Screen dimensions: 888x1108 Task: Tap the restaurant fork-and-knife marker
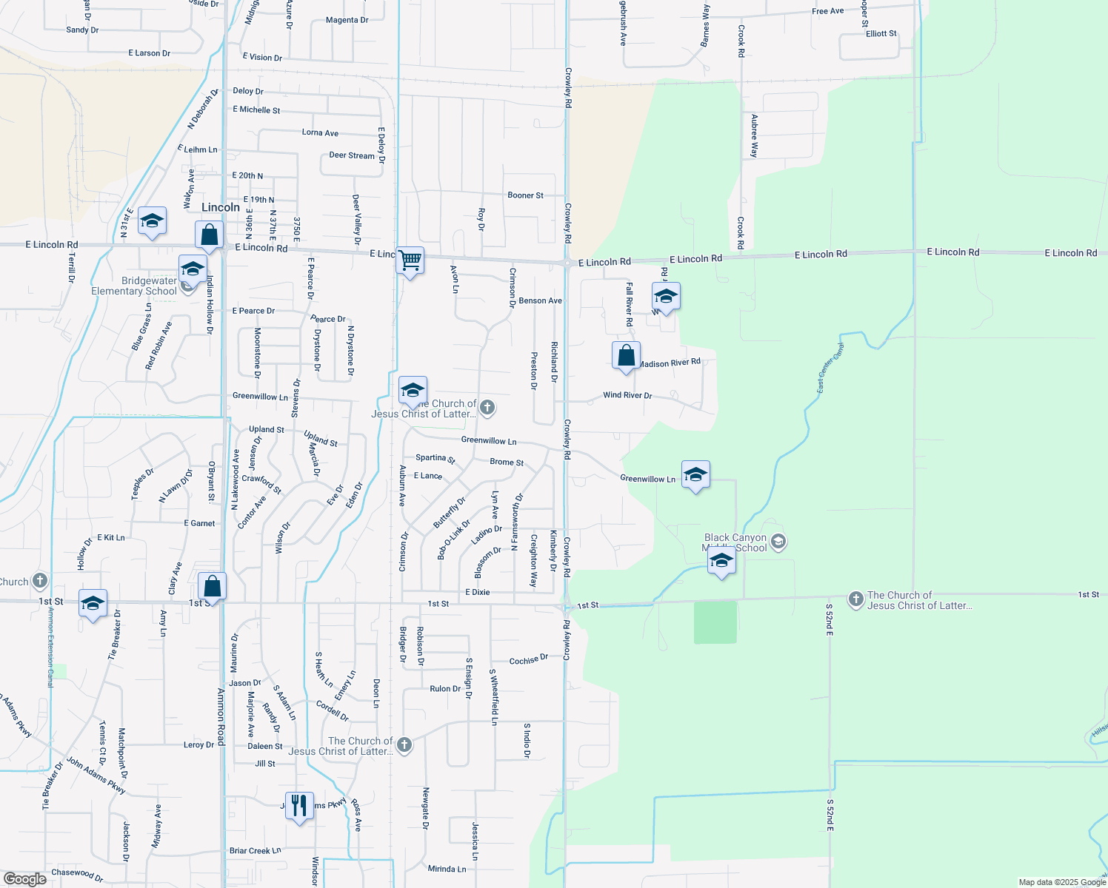pyautogui.click(x=298, y=806)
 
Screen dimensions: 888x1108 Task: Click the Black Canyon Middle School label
pyautogui.click(x=735, y=543)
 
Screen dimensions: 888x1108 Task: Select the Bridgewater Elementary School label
pyautogui.click(x=134, y=286)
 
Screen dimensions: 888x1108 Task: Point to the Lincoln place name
pyautogui.click(x=221, y=207)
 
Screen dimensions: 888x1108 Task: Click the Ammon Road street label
pyautogui.click(x=221, y=715)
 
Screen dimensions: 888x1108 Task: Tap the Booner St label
pyautogui.click(x=525, y=195)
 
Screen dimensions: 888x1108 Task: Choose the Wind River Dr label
pyautogui.click(x=627, y=395)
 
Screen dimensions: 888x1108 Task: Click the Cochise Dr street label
pyautogui.click(x=529, y=659)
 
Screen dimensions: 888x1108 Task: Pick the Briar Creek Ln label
pyautogui.click(x=256, y=850)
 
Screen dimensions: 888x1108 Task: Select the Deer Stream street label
pyautogui.click(x=352, y=155)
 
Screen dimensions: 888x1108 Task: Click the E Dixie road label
pyautogui.click(x=478, y=592)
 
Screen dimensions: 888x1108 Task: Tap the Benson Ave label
pyautogui.click(x=540, y=300)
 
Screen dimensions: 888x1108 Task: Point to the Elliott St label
pyautogui.click(x=881, y=33)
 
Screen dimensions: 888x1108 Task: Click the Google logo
pyautogui.click(x=24, y=879)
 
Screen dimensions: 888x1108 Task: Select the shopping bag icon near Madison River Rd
pyautogui.click(x=626, y=356)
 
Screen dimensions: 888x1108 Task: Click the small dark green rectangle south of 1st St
pyautogui.click(x=715, y=622)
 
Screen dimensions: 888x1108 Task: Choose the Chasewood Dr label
pyautogui.click(x=77, y=874)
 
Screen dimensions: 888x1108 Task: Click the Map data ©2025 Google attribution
pyautogui.click(x=1062, y=882)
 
